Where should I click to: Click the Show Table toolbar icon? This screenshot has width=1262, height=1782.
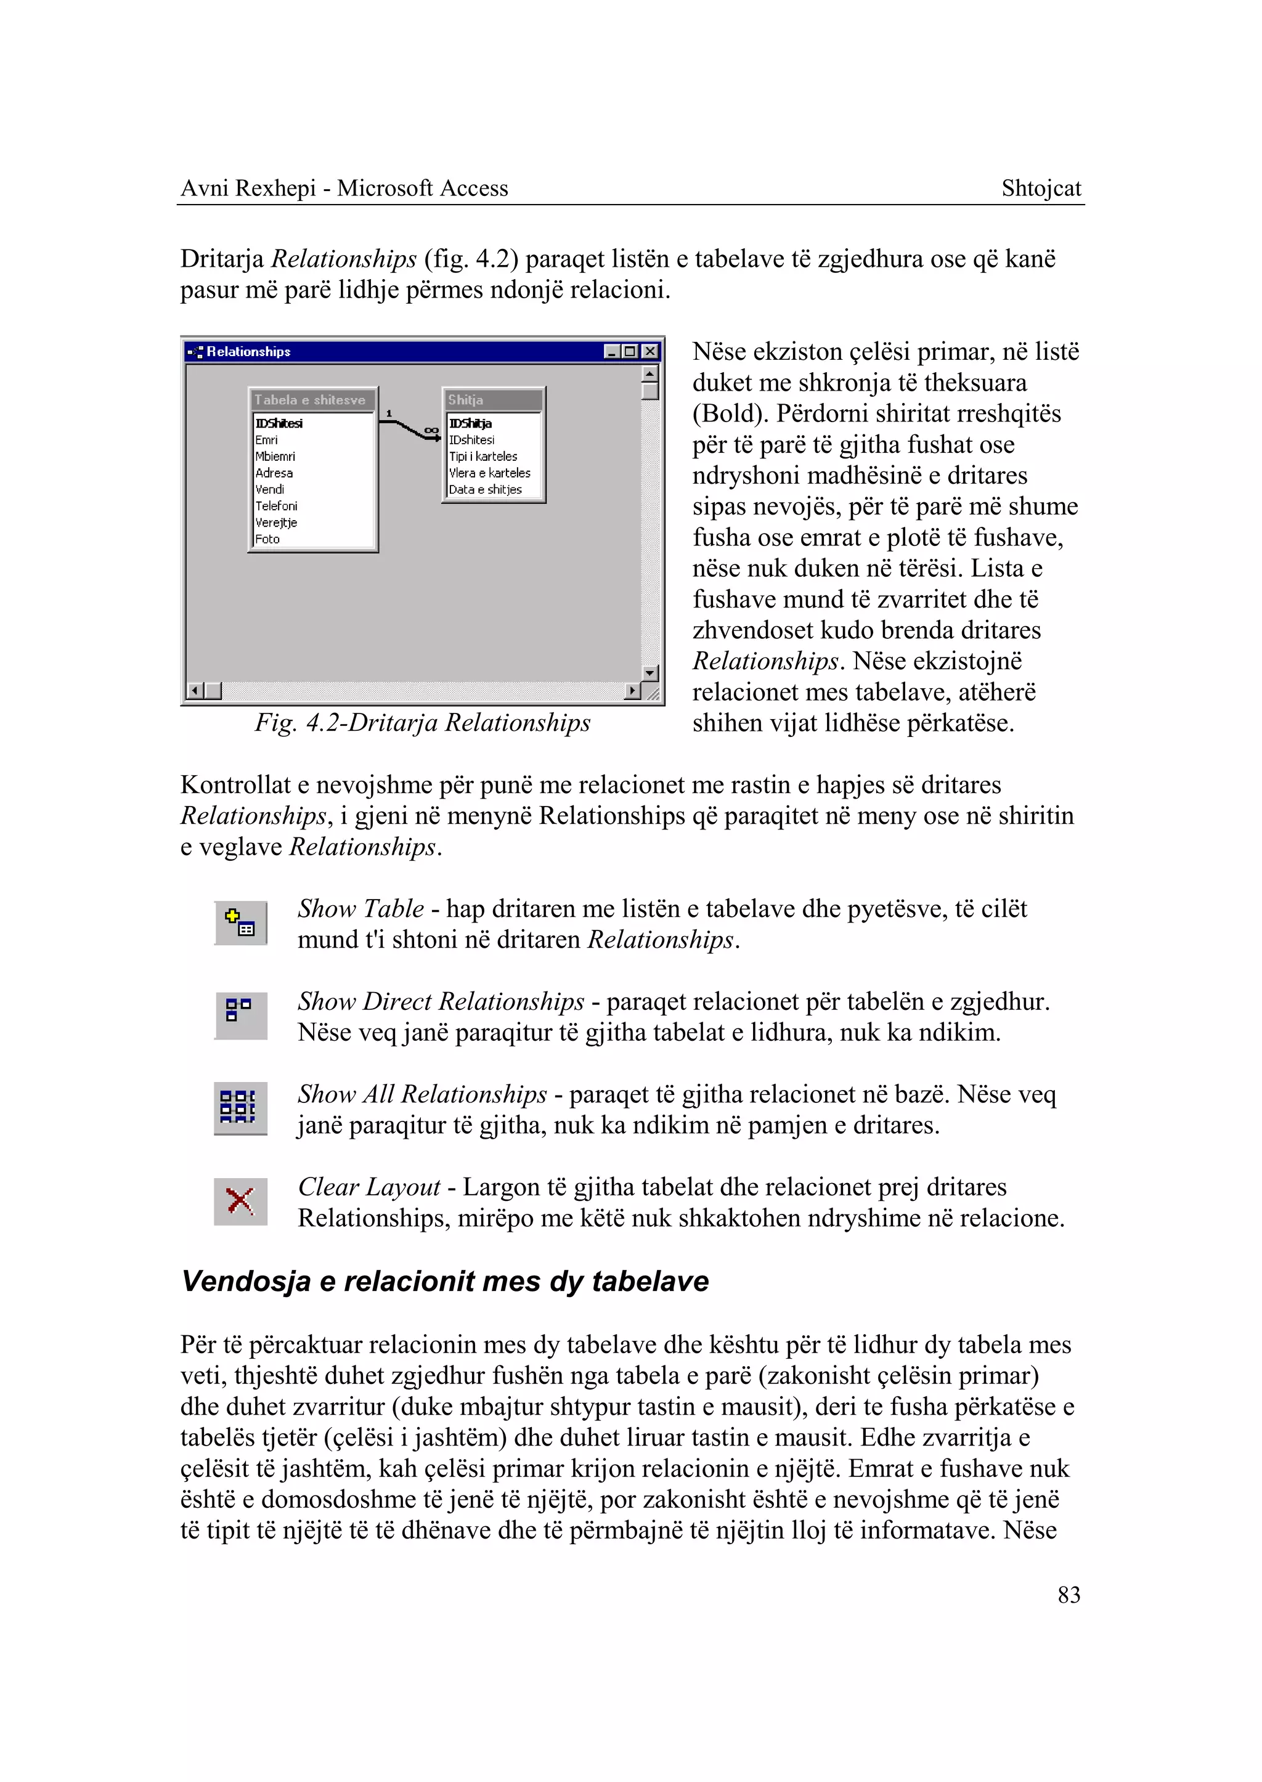[240, 922]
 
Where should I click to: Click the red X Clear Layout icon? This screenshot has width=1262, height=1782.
[240, 1201]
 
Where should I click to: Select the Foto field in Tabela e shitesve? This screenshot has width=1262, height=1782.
[267, 539]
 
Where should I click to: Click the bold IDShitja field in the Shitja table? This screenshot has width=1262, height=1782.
[470, 423]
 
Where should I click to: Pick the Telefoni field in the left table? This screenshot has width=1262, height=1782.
[276, 506]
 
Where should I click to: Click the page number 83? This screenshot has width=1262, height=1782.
[1069, 1595]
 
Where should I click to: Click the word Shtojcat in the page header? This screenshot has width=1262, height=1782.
[1041, 188]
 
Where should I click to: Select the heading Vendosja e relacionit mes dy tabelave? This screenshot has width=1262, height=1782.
[444, 1281]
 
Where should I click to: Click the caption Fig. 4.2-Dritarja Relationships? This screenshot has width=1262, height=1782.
[423, 723]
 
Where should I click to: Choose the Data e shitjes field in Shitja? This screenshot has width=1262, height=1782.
[485, 490]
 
